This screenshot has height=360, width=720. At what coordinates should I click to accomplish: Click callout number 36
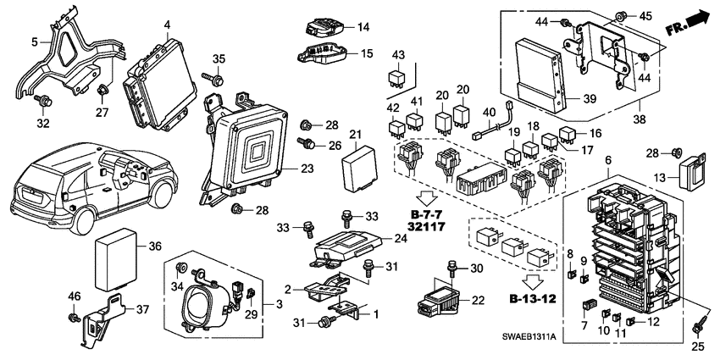click(155, 246)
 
